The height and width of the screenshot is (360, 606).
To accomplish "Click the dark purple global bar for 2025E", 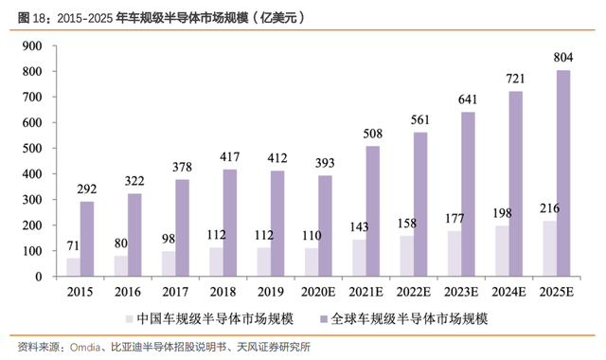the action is tap(563, 173).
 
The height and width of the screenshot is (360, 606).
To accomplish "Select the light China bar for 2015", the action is tap(74, 267).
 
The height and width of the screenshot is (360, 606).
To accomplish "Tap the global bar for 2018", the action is tap(230, 223).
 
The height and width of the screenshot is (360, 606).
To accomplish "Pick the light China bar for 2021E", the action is tap(360, 258).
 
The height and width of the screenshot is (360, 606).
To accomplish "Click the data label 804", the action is tap(563, 57).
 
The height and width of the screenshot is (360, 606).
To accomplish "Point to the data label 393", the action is tap(325, 163).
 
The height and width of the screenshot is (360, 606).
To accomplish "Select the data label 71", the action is tap(73, 245).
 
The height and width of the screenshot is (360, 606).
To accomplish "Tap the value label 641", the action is tap(468, 99).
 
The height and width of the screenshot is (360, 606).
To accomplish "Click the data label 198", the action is tap(502, 213).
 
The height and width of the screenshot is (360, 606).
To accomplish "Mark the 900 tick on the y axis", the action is tap(32, 46).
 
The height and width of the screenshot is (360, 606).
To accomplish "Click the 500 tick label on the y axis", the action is tap(32, 149).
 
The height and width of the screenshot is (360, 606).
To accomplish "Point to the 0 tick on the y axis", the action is tap(39, 277).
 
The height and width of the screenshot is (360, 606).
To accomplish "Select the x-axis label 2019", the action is tap(271, 292).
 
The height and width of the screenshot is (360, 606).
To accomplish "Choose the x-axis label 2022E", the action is tap(414, 292).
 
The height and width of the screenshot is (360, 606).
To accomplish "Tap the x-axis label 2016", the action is tap(128, 292).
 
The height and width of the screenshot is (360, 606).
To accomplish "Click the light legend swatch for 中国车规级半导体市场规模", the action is tap(129, 319).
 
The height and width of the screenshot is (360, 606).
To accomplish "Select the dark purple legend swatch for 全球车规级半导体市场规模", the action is tap(324, 319).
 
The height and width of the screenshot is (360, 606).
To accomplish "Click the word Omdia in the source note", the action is tap(85, 348).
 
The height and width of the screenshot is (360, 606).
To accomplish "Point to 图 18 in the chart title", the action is tap(32, 18).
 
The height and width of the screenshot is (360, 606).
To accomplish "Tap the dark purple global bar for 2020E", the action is tap(325, 225).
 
